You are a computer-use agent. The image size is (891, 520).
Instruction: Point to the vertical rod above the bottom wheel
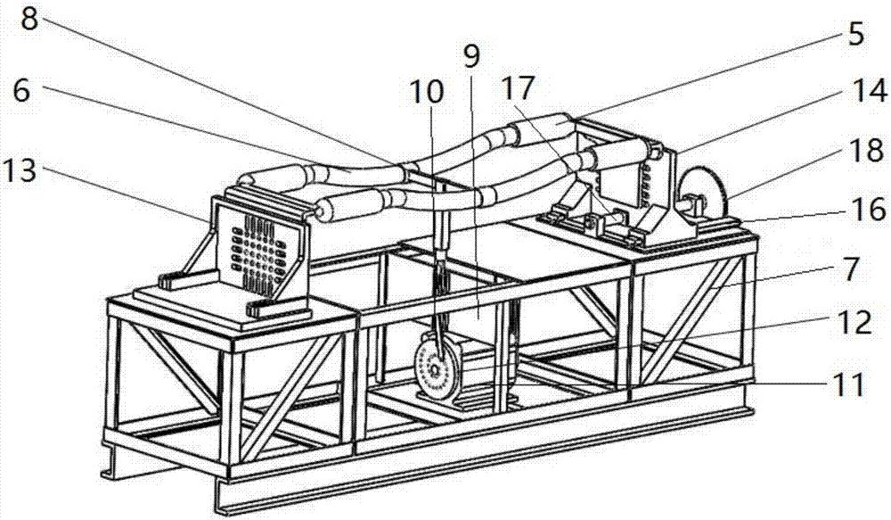pyautogui.click(x=440, y=285)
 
